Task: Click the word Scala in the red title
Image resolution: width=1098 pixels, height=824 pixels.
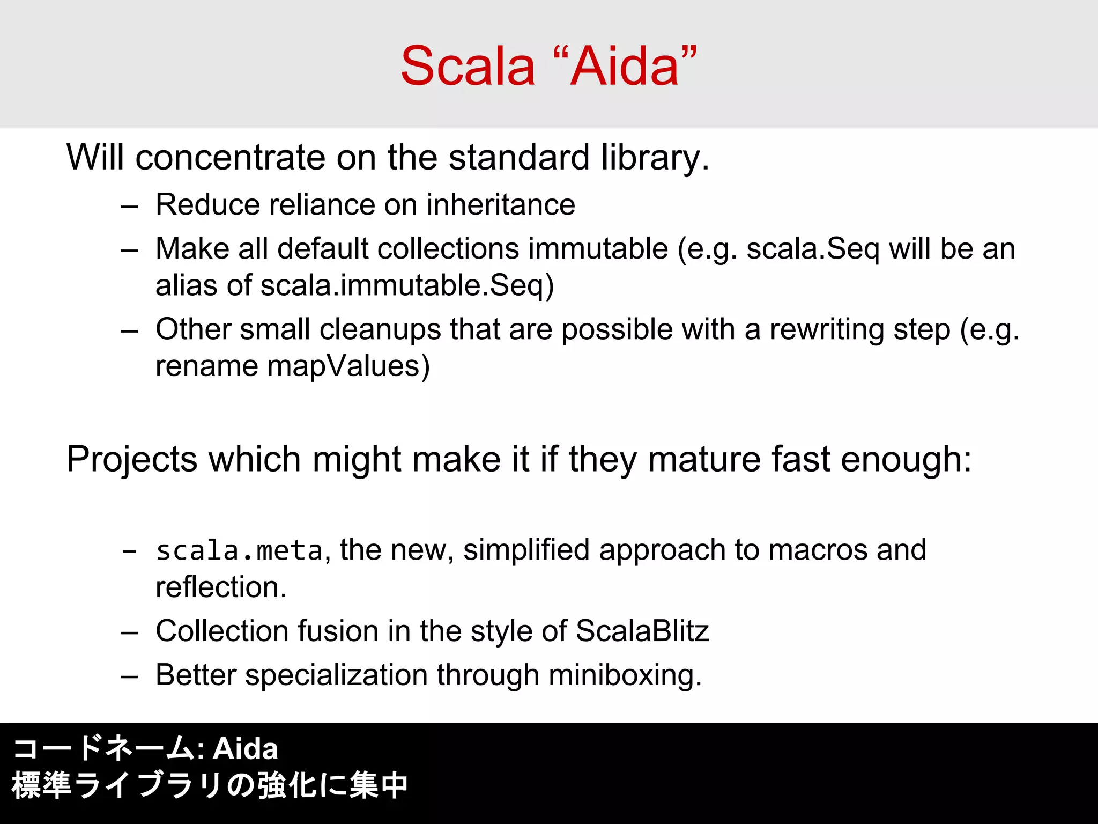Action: pos(468,67)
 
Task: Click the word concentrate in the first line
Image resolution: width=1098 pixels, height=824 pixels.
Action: pos(230,158)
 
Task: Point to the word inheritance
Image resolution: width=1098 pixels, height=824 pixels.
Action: pos(501,205)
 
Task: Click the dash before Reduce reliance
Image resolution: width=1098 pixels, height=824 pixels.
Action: pos(129,207)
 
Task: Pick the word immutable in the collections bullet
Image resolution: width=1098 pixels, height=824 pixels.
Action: pos(598,249)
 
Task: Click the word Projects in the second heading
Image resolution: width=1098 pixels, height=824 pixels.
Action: pos(132,460)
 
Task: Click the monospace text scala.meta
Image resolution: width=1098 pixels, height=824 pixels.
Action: pos(239,551)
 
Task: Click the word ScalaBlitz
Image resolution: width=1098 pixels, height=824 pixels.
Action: pos(642,631)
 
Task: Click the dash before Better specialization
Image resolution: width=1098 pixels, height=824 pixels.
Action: pos(129,677)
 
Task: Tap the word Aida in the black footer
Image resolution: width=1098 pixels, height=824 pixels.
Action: pos(245,749)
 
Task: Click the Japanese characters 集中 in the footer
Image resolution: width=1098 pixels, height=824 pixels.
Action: pos(379,785)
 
